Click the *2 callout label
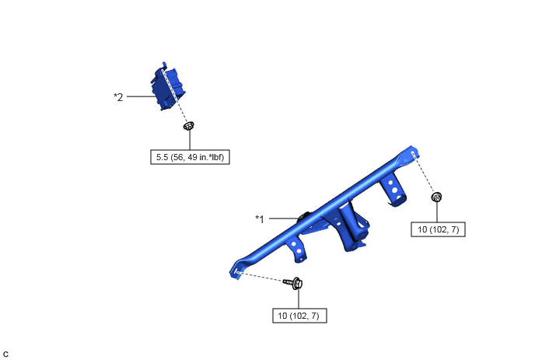tap(118, 97)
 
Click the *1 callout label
tap(260, 218)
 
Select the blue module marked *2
tap(168, 86)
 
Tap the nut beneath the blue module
tap(189, 126)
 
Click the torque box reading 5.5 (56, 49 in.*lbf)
tap(190, 157)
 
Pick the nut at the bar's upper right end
tap(436, 197)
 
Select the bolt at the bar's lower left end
tap(293, 283)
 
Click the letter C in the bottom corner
tap(5, 355)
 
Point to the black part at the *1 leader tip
tap(304, 217)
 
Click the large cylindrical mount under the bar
tap(353, 225)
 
